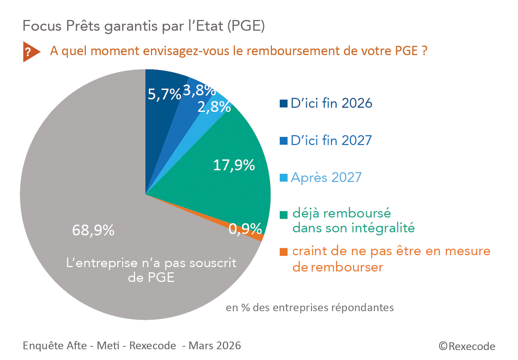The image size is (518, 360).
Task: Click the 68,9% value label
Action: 93,230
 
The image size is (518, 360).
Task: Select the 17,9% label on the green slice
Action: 234,165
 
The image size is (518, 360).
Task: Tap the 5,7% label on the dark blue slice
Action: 164,94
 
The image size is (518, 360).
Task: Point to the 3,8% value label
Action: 199,90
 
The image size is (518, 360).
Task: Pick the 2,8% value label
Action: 214,107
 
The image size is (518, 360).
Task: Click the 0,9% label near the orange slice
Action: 245,229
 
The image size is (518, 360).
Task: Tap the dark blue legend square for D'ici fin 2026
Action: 283,104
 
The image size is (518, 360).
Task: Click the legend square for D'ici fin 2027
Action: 283,141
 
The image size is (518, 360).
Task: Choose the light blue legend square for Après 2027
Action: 283,178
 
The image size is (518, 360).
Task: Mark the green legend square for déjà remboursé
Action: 283,215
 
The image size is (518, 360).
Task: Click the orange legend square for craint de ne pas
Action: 283,252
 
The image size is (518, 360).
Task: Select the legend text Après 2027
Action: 326,178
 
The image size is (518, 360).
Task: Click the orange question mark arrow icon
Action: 30,52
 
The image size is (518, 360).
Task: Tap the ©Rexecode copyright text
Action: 467,346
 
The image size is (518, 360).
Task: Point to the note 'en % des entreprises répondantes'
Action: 310,308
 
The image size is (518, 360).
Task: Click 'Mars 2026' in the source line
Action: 215,346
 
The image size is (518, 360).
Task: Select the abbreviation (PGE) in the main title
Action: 246,26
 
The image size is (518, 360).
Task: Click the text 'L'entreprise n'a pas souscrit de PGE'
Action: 151,270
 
